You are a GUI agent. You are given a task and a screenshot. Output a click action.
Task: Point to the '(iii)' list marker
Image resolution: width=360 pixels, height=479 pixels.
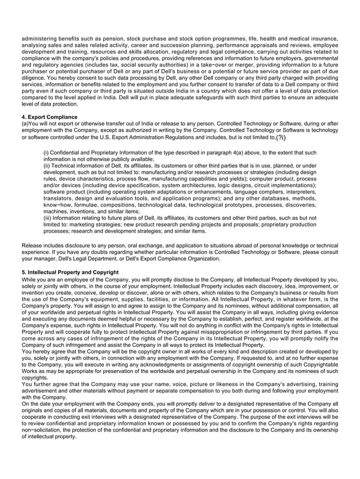[49, 218]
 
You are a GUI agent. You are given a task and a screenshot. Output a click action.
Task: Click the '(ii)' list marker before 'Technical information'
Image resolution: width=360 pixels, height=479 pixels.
[49, 165]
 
